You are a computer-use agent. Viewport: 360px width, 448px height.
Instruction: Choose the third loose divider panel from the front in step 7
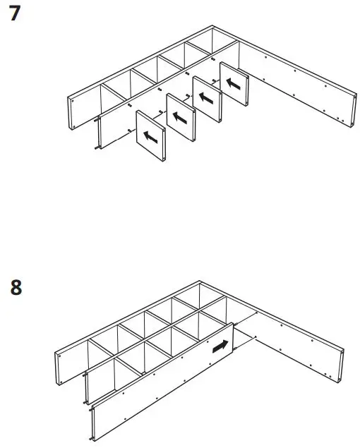[207, 99]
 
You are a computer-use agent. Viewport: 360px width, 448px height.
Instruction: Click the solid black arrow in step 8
[220, 346]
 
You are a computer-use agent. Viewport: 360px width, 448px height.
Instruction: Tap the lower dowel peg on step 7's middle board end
[95, 148]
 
